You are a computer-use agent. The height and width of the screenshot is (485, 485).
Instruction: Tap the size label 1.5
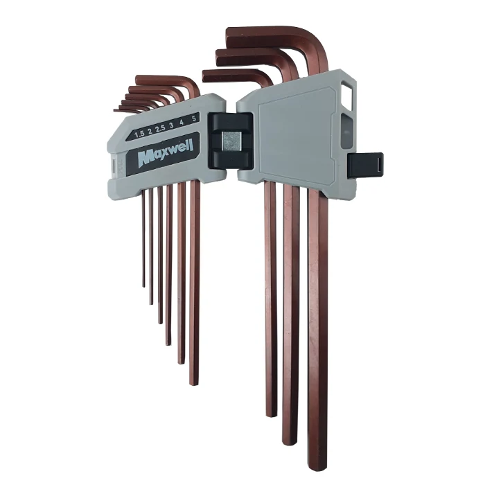(x=139, y=134)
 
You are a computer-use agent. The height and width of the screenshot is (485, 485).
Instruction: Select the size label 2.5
(x=160, y=130)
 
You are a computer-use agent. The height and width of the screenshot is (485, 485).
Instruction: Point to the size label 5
(x=194, y=118)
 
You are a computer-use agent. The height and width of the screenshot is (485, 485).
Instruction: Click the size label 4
(x=182, y=123)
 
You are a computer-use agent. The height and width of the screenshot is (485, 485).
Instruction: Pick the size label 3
(x=171, y=126)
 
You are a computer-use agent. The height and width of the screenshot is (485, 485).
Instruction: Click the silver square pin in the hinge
(x=231, y=141)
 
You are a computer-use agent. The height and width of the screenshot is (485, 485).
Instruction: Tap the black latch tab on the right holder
(x=365, y=166)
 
